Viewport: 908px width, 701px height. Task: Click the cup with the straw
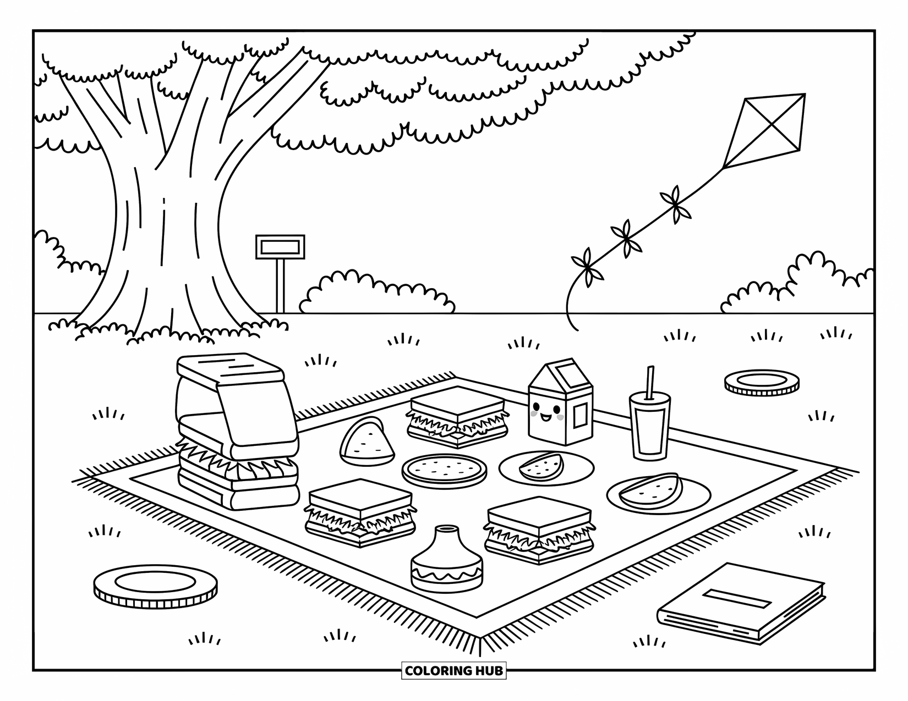[x=650, y=429]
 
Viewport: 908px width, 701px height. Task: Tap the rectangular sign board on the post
[x=280, y=247]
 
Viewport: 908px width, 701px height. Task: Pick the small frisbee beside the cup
[x=761, y=382]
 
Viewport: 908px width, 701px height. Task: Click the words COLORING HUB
[x=453, y=671]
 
